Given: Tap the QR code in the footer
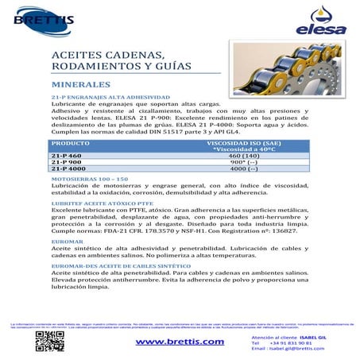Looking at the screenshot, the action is (49, 341).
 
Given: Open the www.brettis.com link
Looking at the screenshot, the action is (180, 342).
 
